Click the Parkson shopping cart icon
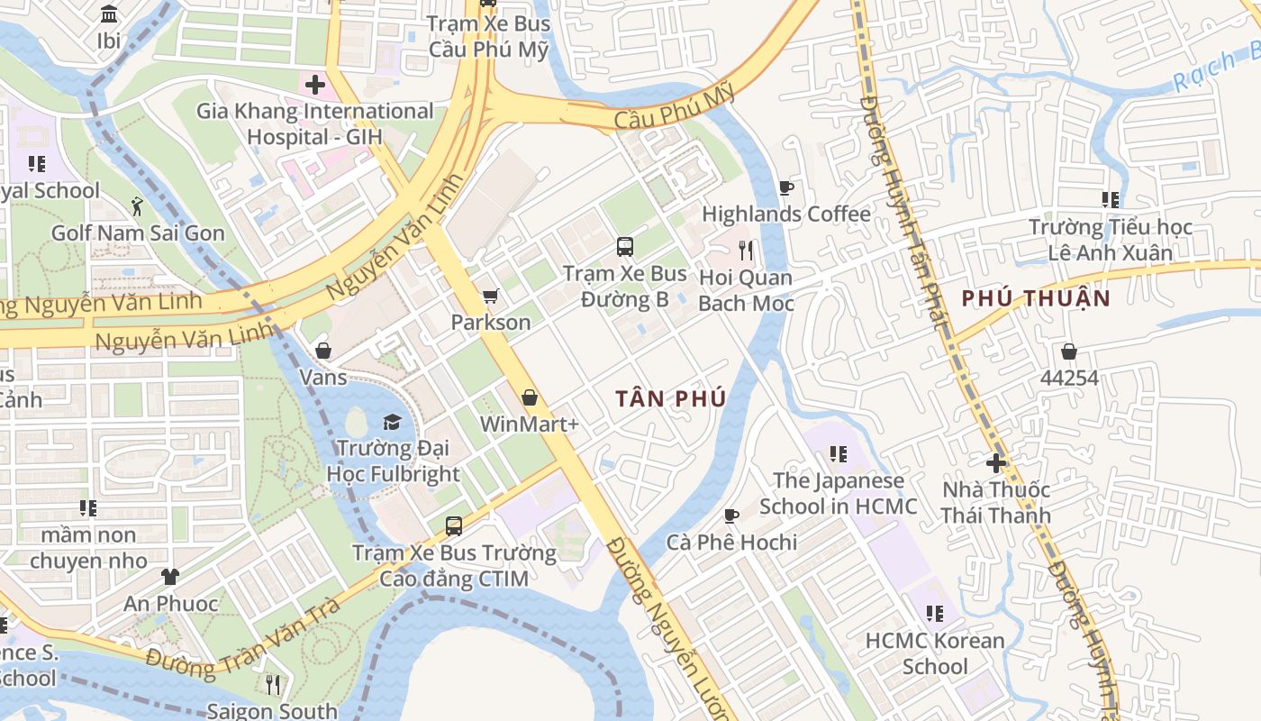click(x=490, y=296)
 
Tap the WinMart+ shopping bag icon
click(x=530, y=397)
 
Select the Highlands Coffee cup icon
click(x=785, y=187)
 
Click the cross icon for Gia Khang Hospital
click(x=314, y=86)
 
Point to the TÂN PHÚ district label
click(x=671, y=398)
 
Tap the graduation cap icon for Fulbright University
click(x=392, y=422)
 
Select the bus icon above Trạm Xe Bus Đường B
click(x=624, y=246)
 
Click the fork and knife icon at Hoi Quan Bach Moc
click(x=746, y=250)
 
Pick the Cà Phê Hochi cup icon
click(x=731, y=516)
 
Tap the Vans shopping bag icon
click(x=322, y=351)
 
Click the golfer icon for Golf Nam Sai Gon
click(x=137, y=206)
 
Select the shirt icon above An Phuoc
click(x=170, y=577)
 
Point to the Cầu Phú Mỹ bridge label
click(x=675, y=107)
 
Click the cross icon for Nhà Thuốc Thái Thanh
click(x=995, y=463)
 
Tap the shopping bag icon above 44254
click(x=1069, y=351)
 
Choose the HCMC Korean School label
click(x=935, y=653)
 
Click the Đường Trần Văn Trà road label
click(x=243, y=639)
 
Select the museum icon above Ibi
click(x=109, y=14)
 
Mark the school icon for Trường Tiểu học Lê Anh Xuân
click(x=1111, y=200)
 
